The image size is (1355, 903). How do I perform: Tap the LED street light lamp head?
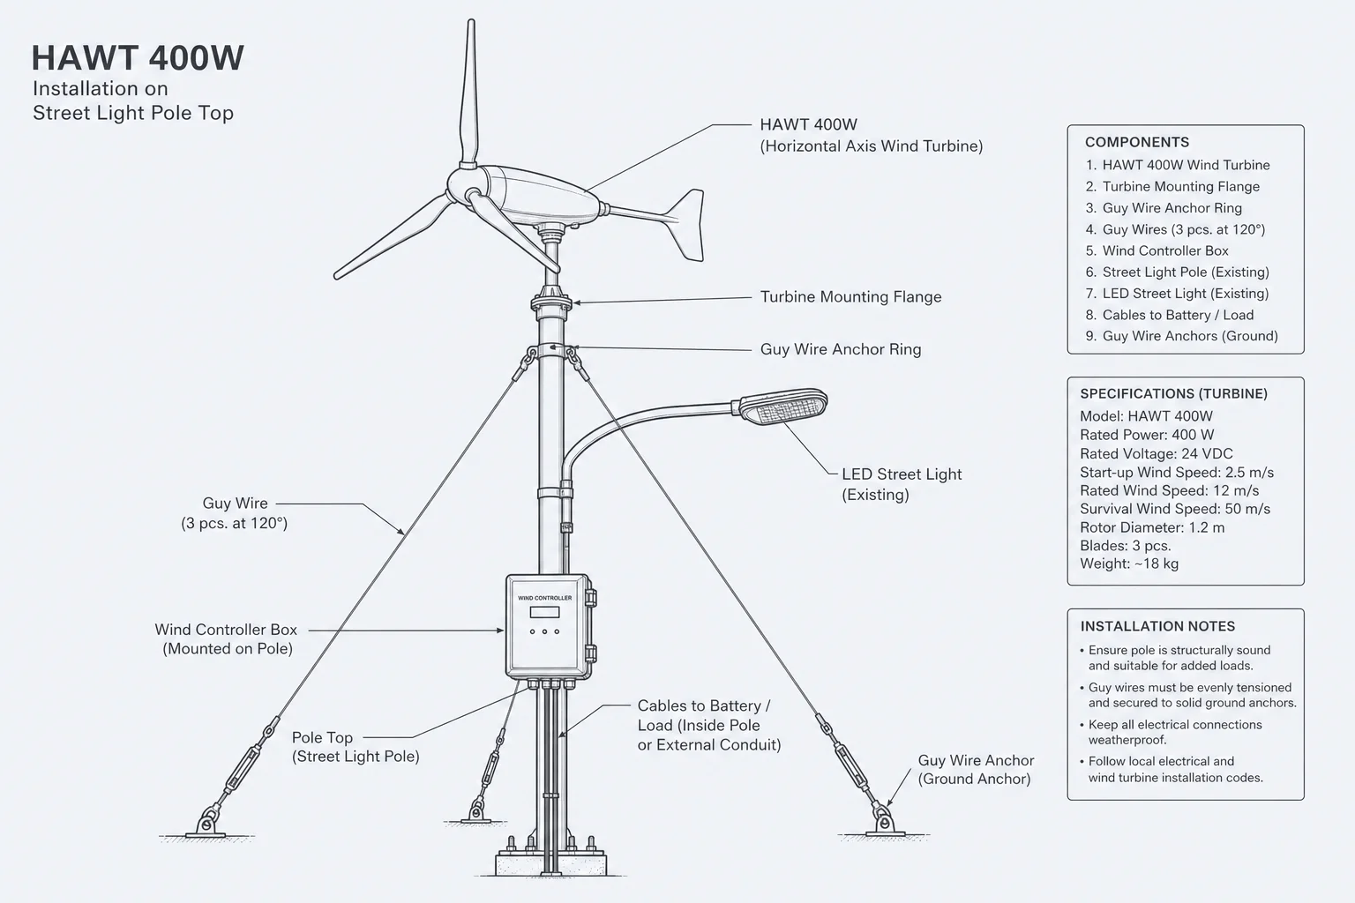pyautogui.click(x=782, y=406)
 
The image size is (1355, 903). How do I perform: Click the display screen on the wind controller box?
pyautogui.click(x=544, y=612)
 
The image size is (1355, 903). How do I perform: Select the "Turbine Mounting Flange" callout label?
pyautogui.click(x=850, y=297)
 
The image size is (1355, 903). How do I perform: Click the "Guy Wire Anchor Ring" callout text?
pyautogui.click(x=840, y=349)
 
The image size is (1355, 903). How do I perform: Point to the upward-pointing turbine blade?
pyautogui.click(x=468, y=93)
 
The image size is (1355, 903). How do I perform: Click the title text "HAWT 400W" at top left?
pyautogui.click(x=138, y=58)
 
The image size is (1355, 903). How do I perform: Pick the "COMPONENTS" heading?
pyautogui.click(x=1136, y=142)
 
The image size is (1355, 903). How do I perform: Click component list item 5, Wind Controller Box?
pyautogui.click(x=1157, y=250)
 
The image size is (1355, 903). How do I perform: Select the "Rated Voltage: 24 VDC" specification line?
pyautogui.click(x=1156, y=453)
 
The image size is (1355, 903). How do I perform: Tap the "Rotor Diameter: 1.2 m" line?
pyautogui.click(x=1152, y=527)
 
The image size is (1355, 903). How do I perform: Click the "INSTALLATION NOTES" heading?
pyautogui.click(x=1157, y=627)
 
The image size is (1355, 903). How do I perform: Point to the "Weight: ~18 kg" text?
pyautogui.click(x=1129, y=563)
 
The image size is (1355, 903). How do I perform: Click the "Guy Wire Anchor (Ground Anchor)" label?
pyautogui.click(x=976, y=769)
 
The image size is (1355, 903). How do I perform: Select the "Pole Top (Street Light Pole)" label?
pyautogui.click(x=356, y=747)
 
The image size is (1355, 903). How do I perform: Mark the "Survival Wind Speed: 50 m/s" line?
pyautogui.click(x=1175, y=510)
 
